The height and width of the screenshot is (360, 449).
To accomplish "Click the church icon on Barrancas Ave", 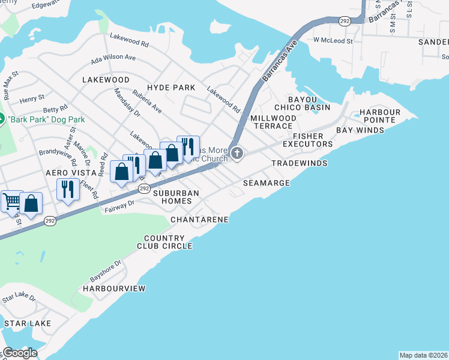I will point(237,154).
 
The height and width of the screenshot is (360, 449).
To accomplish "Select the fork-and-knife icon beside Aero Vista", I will point(66,190).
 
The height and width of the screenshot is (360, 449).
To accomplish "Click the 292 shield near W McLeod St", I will point(344,20).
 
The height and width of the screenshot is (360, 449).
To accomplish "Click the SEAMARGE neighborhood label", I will point(267,182).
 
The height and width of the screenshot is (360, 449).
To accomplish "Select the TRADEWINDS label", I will point(299,163).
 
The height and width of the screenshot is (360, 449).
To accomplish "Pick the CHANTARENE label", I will point(199,220).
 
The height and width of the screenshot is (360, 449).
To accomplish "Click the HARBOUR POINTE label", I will point(379,116).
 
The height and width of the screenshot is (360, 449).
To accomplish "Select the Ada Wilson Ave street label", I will point(113,58).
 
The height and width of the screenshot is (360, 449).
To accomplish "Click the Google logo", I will point(19,353).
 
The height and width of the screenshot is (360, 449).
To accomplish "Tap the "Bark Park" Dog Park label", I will point(46,119).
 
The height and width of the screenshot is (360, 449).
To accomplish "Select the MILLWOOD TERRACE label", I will point(273,122).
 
